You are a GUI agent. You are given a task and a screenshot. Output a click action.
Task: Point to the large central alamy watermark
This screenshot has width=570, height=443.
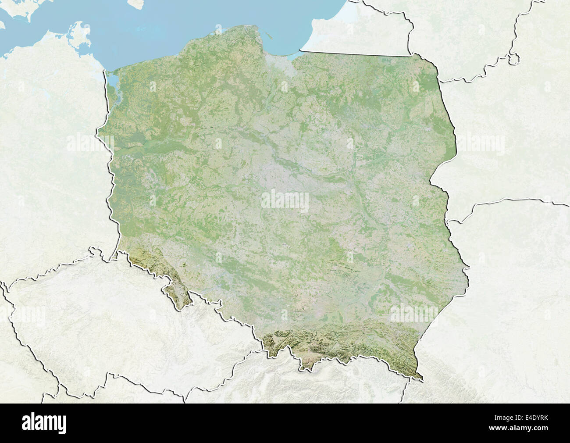click(x=285, y=200)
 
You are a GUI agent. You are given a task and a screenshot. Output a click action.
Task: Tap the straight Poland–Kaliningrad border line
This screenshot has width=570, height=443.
click(x=355, y=54)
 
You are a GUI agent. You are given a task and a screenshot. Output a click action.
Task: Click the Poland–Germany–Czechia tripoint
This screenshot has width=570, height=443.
click(x=115, y=253)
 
